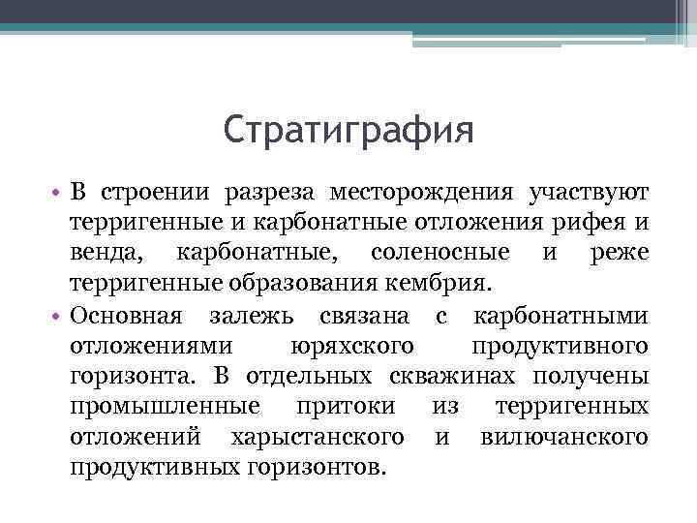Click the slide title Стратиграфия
348,130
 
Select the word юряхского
352,346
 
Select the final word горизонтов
315,466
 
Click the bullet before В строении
57,196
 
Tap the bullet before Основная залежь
57,317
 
